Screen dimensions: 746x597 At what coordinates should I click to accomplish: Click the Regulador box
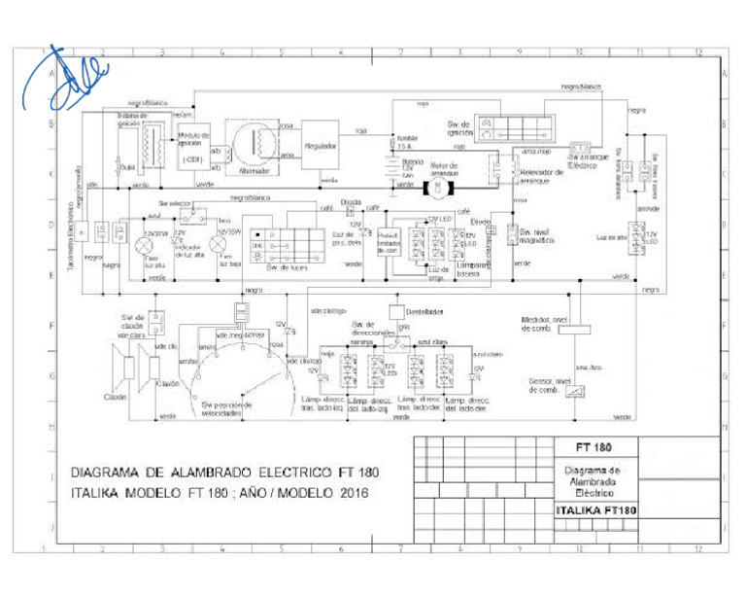pos(321,145)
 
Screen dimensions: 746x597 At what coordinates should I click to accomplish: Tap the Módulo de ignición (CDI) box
pos(193,147)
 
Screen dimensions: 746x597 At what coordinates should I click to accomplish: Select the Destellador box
pos(397,312)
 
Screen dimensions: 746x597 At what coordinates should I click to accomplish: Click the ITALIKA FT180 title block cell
pos(600,510)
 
